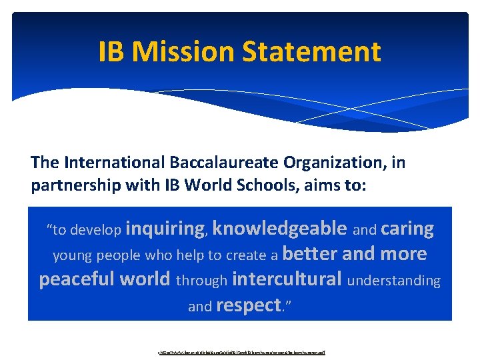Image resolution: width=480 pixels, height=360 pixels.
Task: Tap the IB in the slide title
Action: pos(111,51)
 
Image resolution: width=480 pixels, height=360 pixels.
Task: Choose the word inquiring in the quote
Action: pos(166,229)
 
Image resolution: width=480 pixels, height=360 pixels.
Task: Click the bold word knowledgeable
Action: pos(279,229)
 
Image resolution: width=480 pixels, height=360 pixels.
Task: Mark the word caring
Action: pos(407,229)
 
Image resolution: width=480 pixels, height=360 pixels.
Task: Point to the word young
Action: pos(72,256)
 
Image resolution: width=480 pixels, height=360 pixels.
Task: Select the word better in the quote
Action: pos(311,254)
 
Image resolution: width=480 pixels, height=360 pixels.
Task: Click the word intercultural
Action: pos(287,279)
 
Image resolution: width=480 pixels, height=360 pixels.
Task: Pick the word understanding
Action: pos(394,281)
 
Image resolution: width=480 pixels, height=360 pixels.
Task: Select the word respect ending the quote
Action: pos(248,305)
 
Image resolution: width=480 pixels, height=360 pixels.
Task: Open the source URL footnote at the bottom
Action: pos(239,351)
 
